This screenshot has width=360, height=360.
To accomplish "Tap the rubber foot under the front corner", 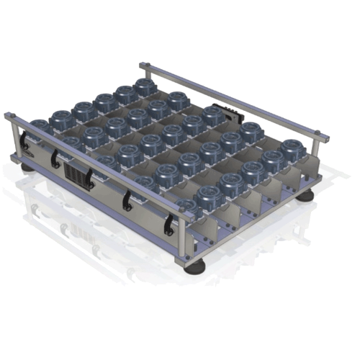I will [195, 268].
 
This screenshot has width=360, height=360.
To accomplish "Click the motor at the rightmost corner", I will [292, 150].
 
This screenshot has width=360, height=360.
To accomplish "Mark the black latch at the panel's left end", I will [27, 141].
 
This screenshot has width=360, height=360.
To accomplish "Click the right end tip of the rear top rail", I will [330, 135].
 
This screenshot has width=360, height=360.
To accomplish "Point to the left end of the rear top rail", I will [142, 66].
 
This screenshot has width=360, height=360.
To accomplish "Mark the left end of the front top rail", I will [7, 114].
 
